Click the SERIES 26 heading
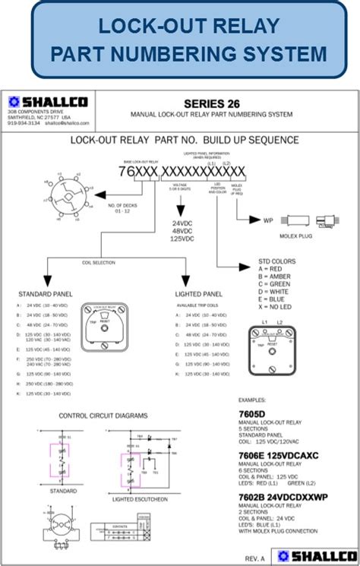click(x=210, y=103)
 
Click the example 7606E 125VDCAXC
click(x=279, y=454)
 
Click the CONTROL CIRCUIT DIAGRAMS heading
click(x=103, y=416)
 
